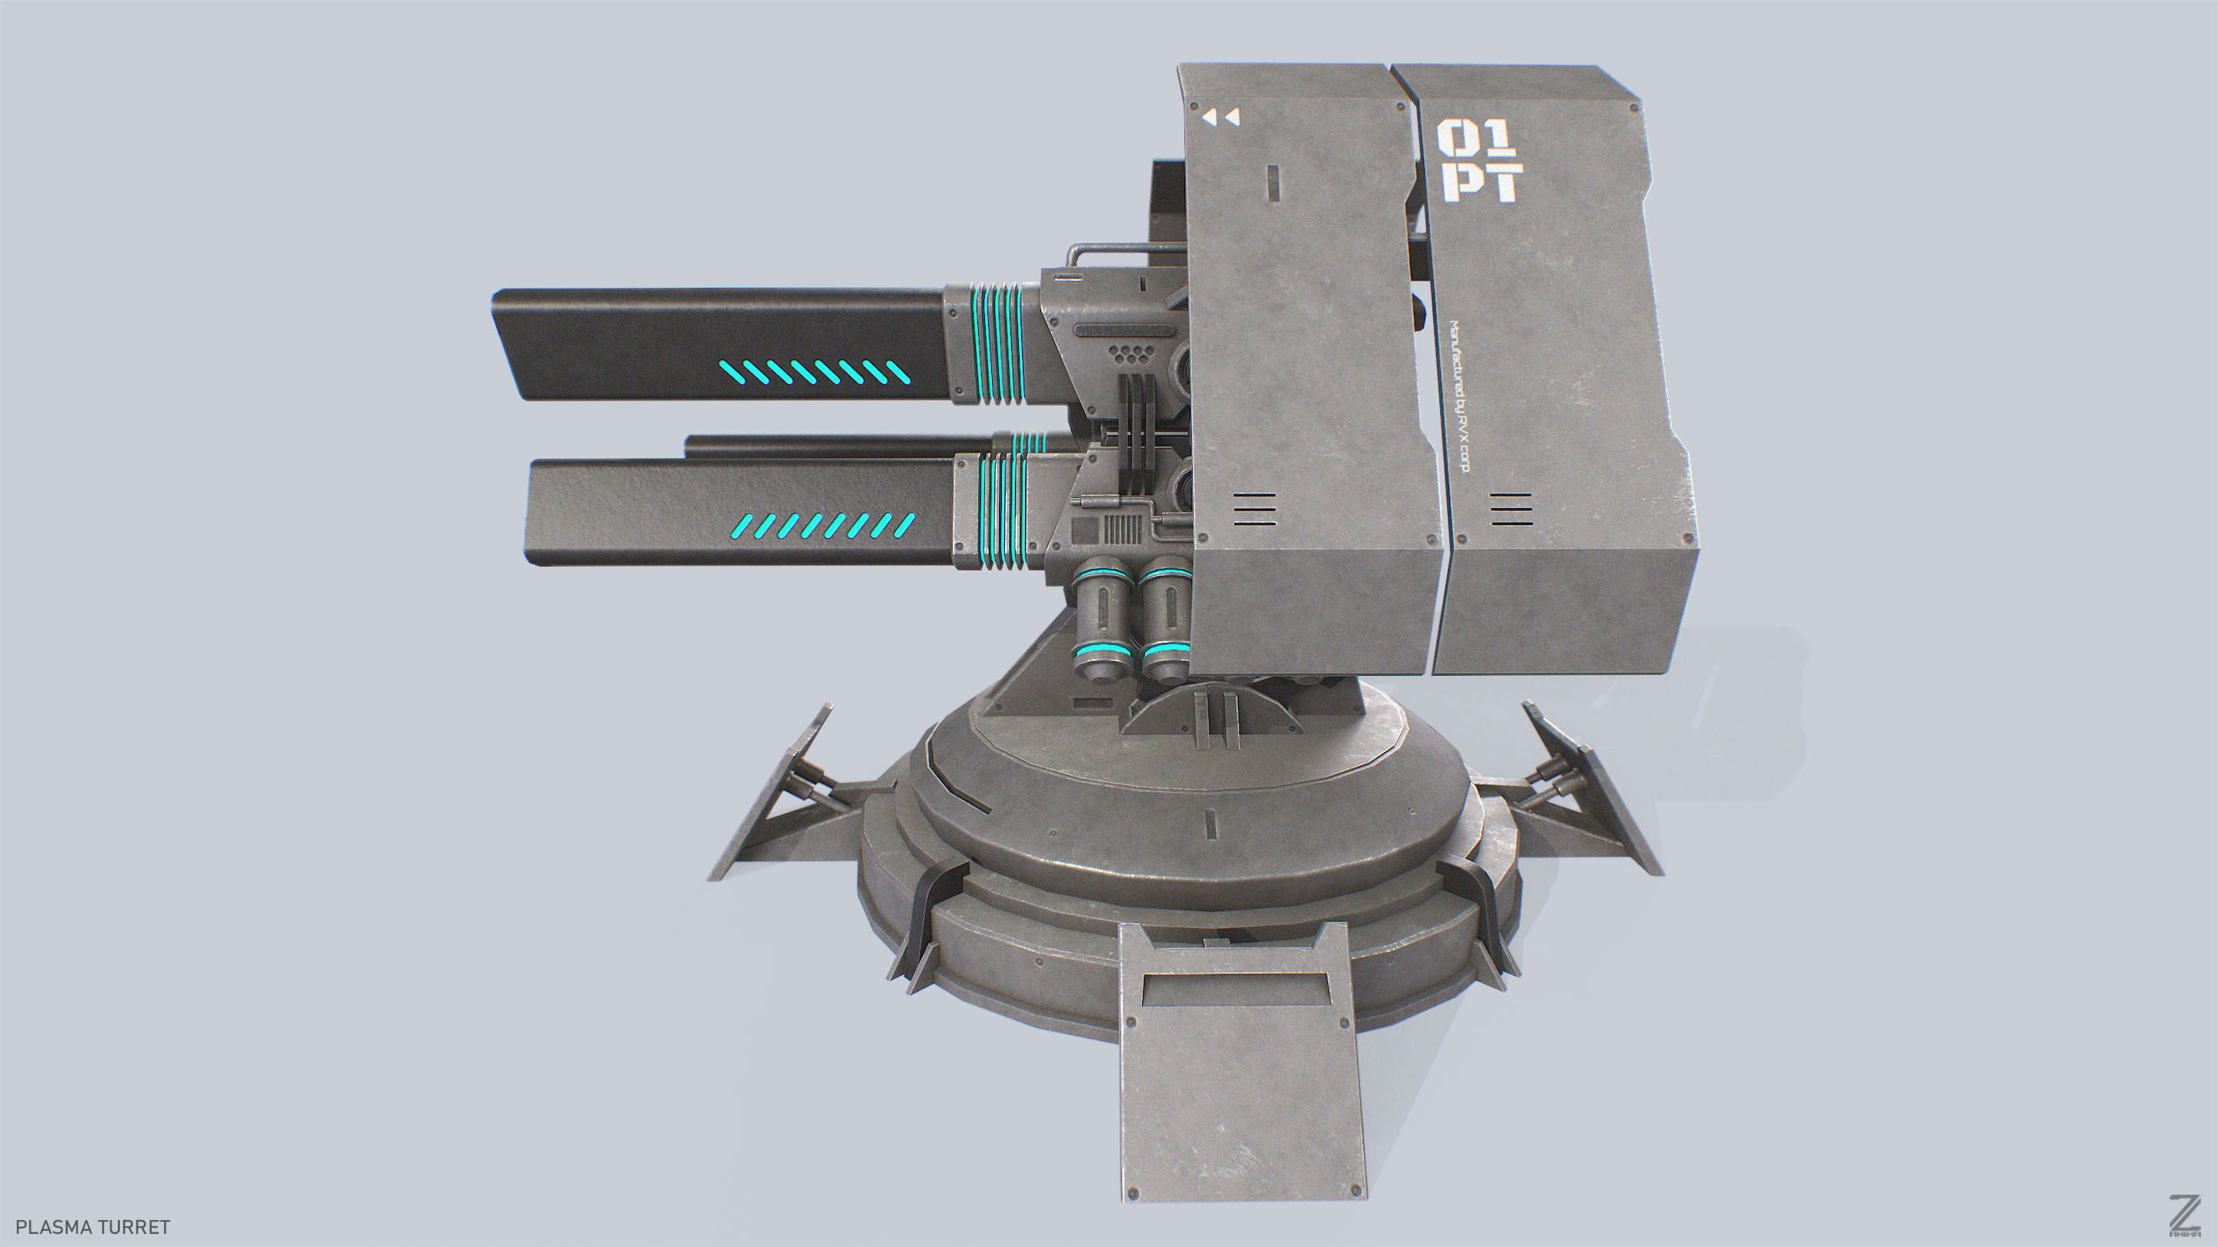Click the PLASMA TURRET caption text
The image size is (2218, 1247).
click(93, 1226)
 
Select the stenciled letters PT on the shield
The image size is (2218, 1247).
click(1483, 182)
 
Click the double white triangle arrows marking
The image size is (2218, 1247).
click(1221, 117)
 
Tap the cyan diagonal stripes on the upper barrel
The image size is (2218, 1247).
click(815, 373)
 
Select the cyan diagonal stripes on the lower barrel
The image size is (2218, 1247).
click(823, 525)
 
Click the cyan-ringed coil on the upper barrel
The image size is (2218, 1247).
click(999, 343)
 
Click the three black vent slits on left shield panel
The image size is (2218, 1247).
click(1254, 510)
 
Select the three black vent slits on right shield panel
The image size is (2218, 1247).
click(1511, 510)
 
